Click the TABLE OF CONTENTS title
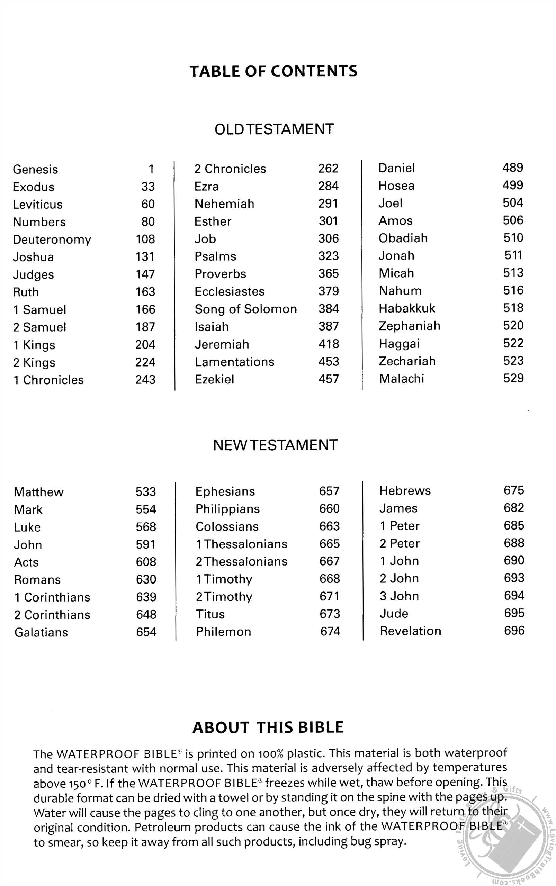(x=273, y=71)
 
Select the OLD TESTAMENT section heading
(x=274, y=129)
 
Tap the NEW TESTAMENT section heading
(x=275, y=445)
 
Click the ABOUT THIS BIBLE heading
(x=268, y=727)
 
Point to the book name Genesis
(x=35, y=170)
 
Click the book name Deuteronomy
(x=52, y=240)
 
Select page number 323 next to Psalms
(x=329, y=256)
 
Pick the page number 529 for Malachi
(x=513, y=378)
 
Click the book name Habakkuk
(x=407, y=308)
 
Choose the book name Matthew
(x=39, y=492)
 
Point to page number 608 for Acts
(x=146, y=562)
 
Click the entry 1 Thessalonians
(x=241, y=544)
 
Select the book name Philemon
(x=224, y=632)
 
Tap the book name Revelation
(x=410, y=631)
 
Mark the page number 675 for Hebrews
(x=514, y=490)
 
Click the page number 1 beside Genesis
(x=151, y=169)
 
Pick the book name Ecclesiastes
(x=230, y=291)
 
